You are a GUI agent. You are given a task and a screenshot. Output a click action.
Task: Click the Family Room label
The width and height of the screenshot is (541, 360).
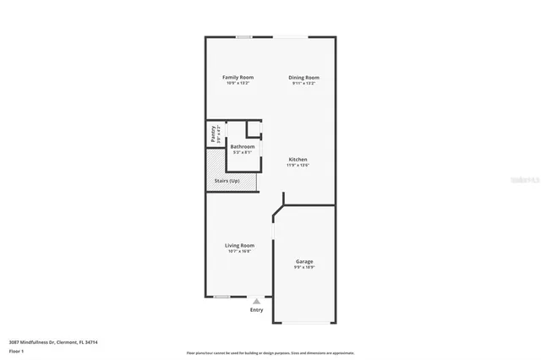point(238,77)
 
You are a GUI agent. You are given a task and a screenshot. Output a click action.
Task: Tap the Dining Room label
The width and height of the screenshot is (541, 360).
point(303,77)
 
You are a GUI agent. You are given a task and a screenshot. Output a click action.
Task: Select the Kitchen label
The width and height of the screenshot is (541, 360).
point(298,159)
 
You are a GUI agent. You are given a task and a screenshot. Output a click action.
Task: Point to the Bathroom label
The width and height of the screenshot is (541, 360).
point(243,146)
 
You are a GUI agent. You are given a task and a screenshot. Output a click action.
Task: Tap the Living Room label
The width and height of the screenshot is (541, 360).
point(239,245)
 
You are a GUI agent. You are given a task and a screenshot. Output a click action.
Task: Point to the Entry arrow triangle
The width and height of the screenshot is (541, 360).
point(256,301)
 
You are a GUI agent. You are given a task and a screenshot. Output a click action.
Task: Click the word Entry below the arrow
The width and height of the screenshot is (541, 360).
point(256,309)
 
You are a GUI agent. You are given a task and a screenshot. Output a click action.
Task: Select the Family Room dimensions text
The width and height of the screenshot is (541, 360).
point(238,83)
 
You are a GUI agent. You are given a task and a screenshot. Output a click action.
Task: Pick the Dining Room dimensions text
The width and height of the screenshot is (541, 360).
point(303,83)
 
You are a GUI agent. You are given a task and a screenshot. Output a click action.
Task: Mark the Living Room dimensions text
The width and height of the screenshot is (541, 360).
point(239,251)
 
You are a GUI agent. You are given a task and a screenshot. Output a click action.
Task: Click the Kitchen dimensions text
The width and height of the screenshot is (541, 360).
point(298,165)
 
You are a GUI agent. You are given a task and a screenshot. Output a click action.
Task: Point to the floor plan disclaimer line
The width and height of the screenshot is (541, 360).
point(270,352)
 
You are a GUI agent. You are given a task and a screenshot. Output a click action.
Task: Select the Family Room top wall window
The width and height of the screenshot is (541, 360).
point(243,36)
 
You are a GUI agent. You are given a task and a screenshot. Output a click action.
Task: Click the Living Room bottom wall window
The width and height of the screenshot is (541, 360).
point(222,296)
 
